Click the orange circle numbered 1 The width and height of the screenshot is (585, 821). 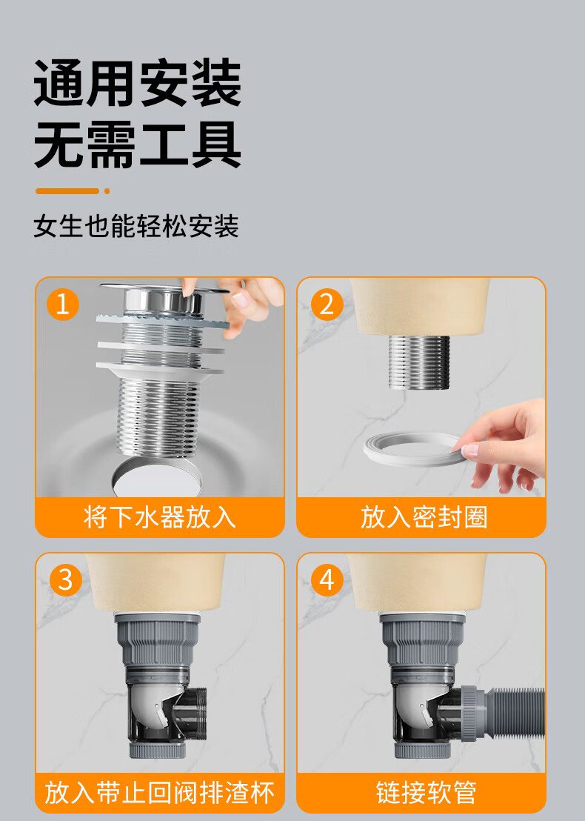63,305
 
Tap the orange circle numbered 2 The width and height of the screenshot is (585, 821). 327,305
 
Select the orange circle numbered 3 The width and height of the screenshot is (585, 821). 65,579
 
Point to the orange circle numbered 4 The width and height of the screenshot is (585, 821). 327,579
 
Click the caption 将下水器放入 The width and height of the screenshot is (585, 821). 160,517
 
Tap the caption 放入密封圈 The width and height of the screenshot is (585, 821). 424,517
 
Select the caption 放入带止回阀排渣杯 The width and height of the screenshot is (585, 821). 160,792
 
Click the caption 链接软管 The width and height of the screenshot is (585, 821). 427,792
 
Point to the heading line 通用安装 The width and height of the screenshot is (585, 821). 138,83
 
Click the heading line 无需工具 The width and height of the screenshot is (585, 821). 138,144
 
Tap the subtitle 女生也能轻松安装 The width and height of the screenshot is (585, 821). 136,226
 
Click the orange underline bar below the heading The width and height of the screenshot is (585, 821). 67,191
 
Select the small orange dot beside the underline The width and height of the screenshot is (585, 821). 107,191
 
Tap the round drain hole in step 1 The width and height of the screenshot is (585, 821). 157,477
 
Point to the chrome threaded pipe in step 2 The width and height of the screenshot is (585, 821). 419,362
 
